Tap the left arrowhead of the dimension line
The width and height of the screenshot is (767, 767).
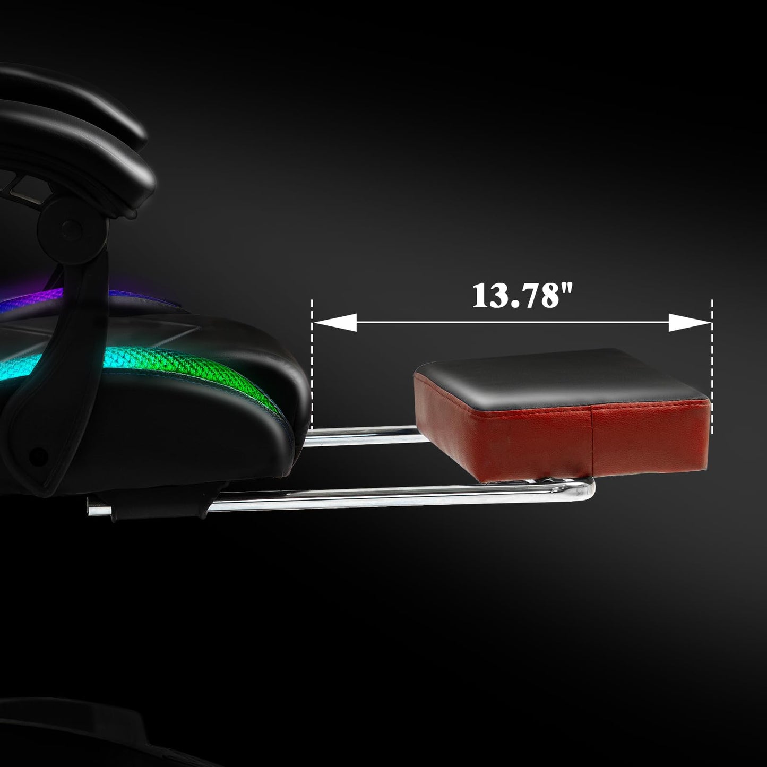(x=335, y=322)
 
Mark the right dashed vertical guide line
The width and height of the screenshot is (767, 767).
(x=712, y=366)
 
